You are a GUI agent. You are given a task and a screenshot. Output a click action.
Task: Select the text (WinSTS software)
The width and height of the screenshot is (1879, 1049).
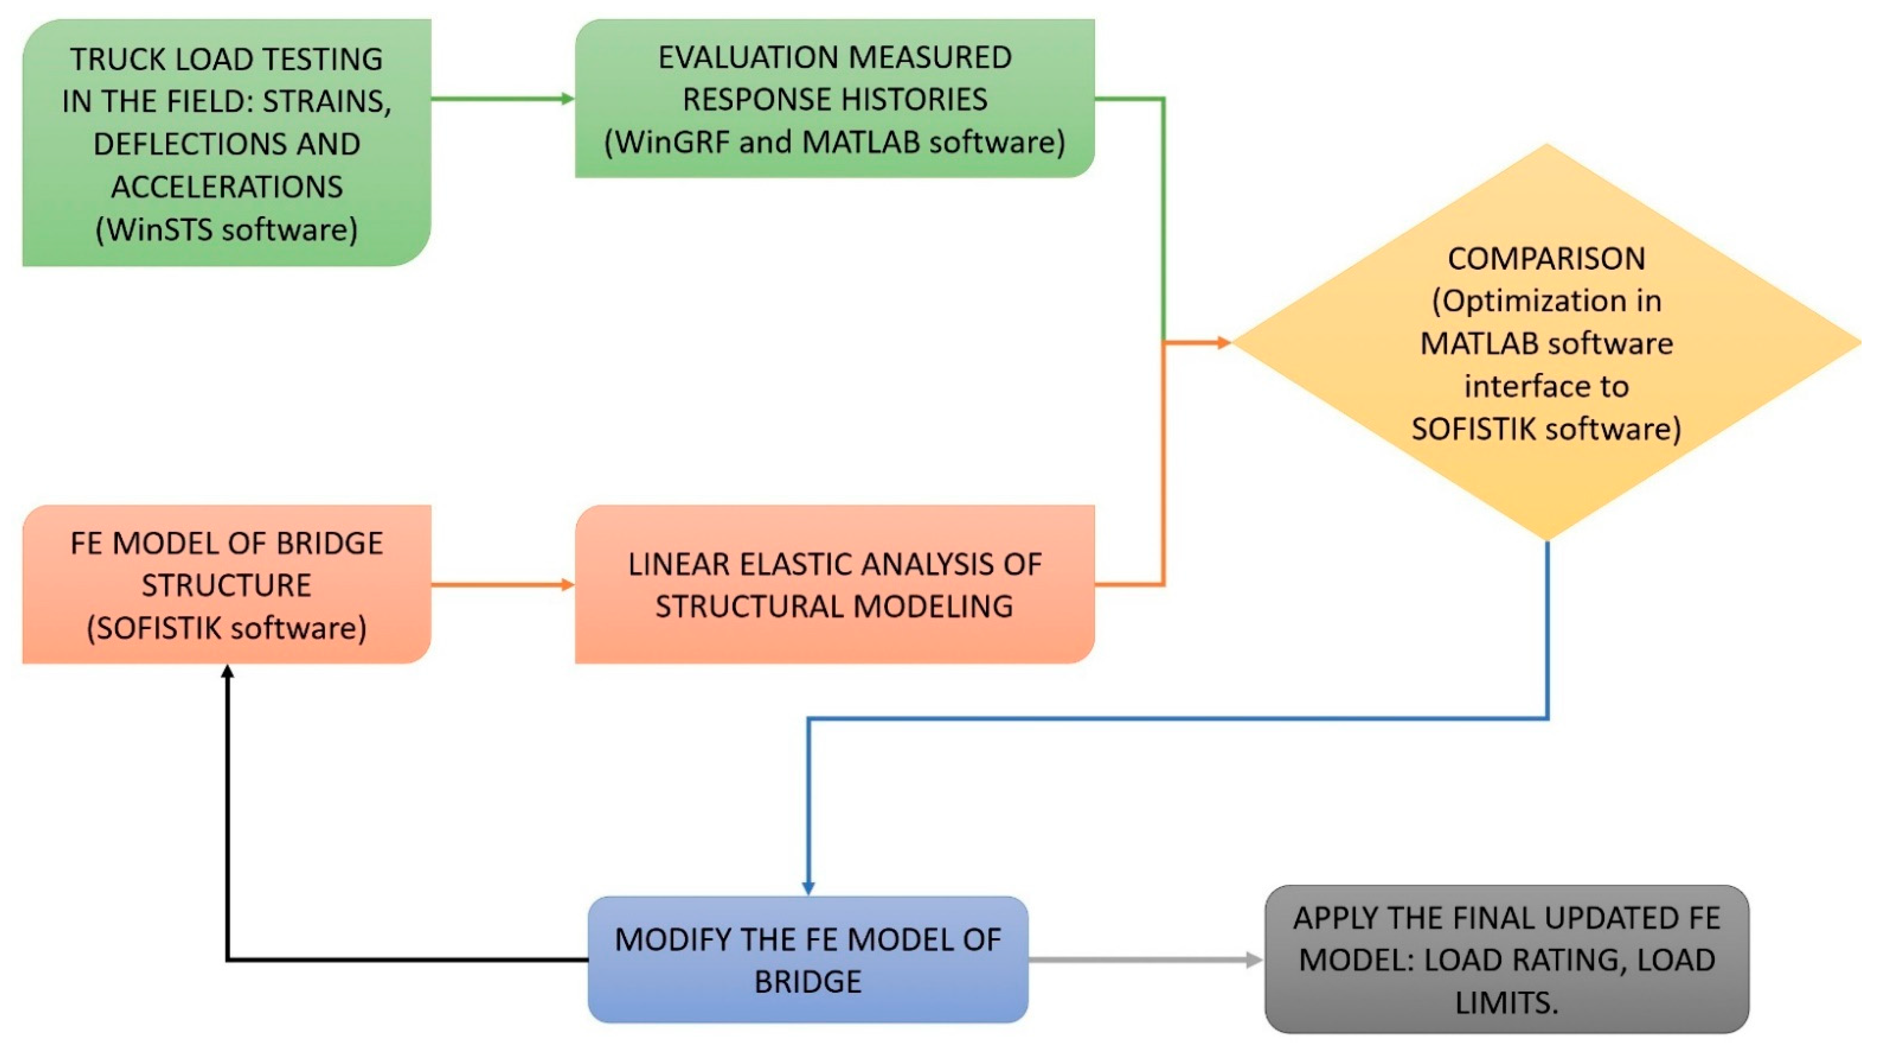(x=227, y=230)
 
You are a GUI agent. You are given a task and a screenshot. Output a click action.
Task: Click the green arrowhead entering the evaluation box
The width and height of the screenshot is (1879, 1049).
(x=567, y=98)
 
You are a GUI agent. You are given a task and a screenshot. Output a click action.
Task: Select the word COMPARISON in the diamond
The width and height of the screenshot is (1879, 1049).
(x=1546, y=259)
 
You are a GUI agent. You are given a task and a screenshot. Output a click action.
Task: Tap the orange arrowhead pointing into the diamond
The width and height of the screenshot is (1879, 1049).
(x=1223, y=342)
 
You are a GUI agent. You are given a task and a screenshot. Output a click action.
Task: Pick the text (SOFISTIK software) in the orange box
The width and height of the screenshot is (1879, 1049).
(x=227, y=628)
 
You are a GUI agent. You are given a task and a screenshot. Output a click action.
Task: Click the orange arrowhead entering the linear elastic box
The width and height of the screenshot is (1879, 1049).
(x=567, y=585)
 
